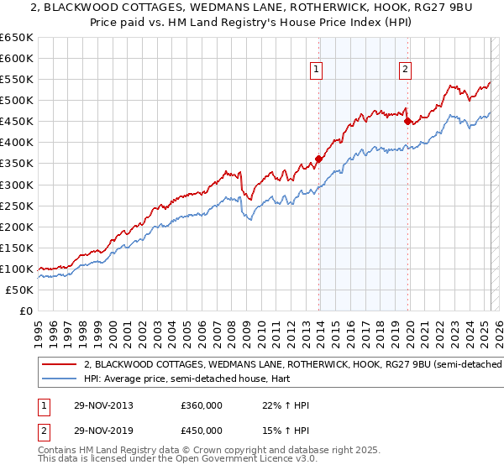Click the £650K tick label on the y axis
click(17, 38)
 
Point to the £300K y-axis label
click(17, 185)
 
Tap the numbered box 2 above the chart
click(405, 70)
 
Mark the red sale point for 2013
click(319, 159)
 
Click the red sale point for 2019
click(407, 121)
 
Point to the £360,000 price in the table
click(202, 406)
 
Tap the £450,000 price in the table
click(202, 430)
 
